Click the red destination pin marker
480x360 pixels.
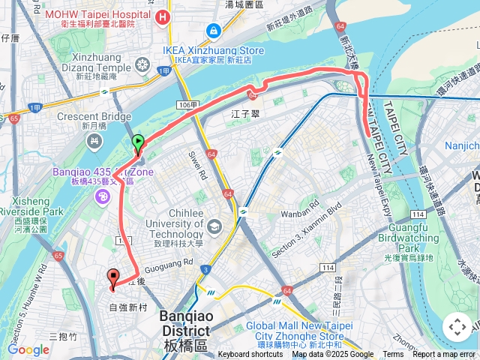[x=113, y=277]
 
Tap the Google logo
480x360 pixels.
[x=28, y=349]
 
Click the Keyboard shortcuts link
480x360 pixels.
[x=250, y=355]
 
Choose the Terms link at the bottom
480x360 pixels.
[x=393, y=355]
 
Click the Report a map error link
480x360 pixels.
[x=444, y=355]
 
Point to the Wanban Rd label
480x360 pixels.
[x=304, y=211]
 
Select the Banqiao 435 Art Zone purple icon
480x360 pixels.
[x=101, y=196]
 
